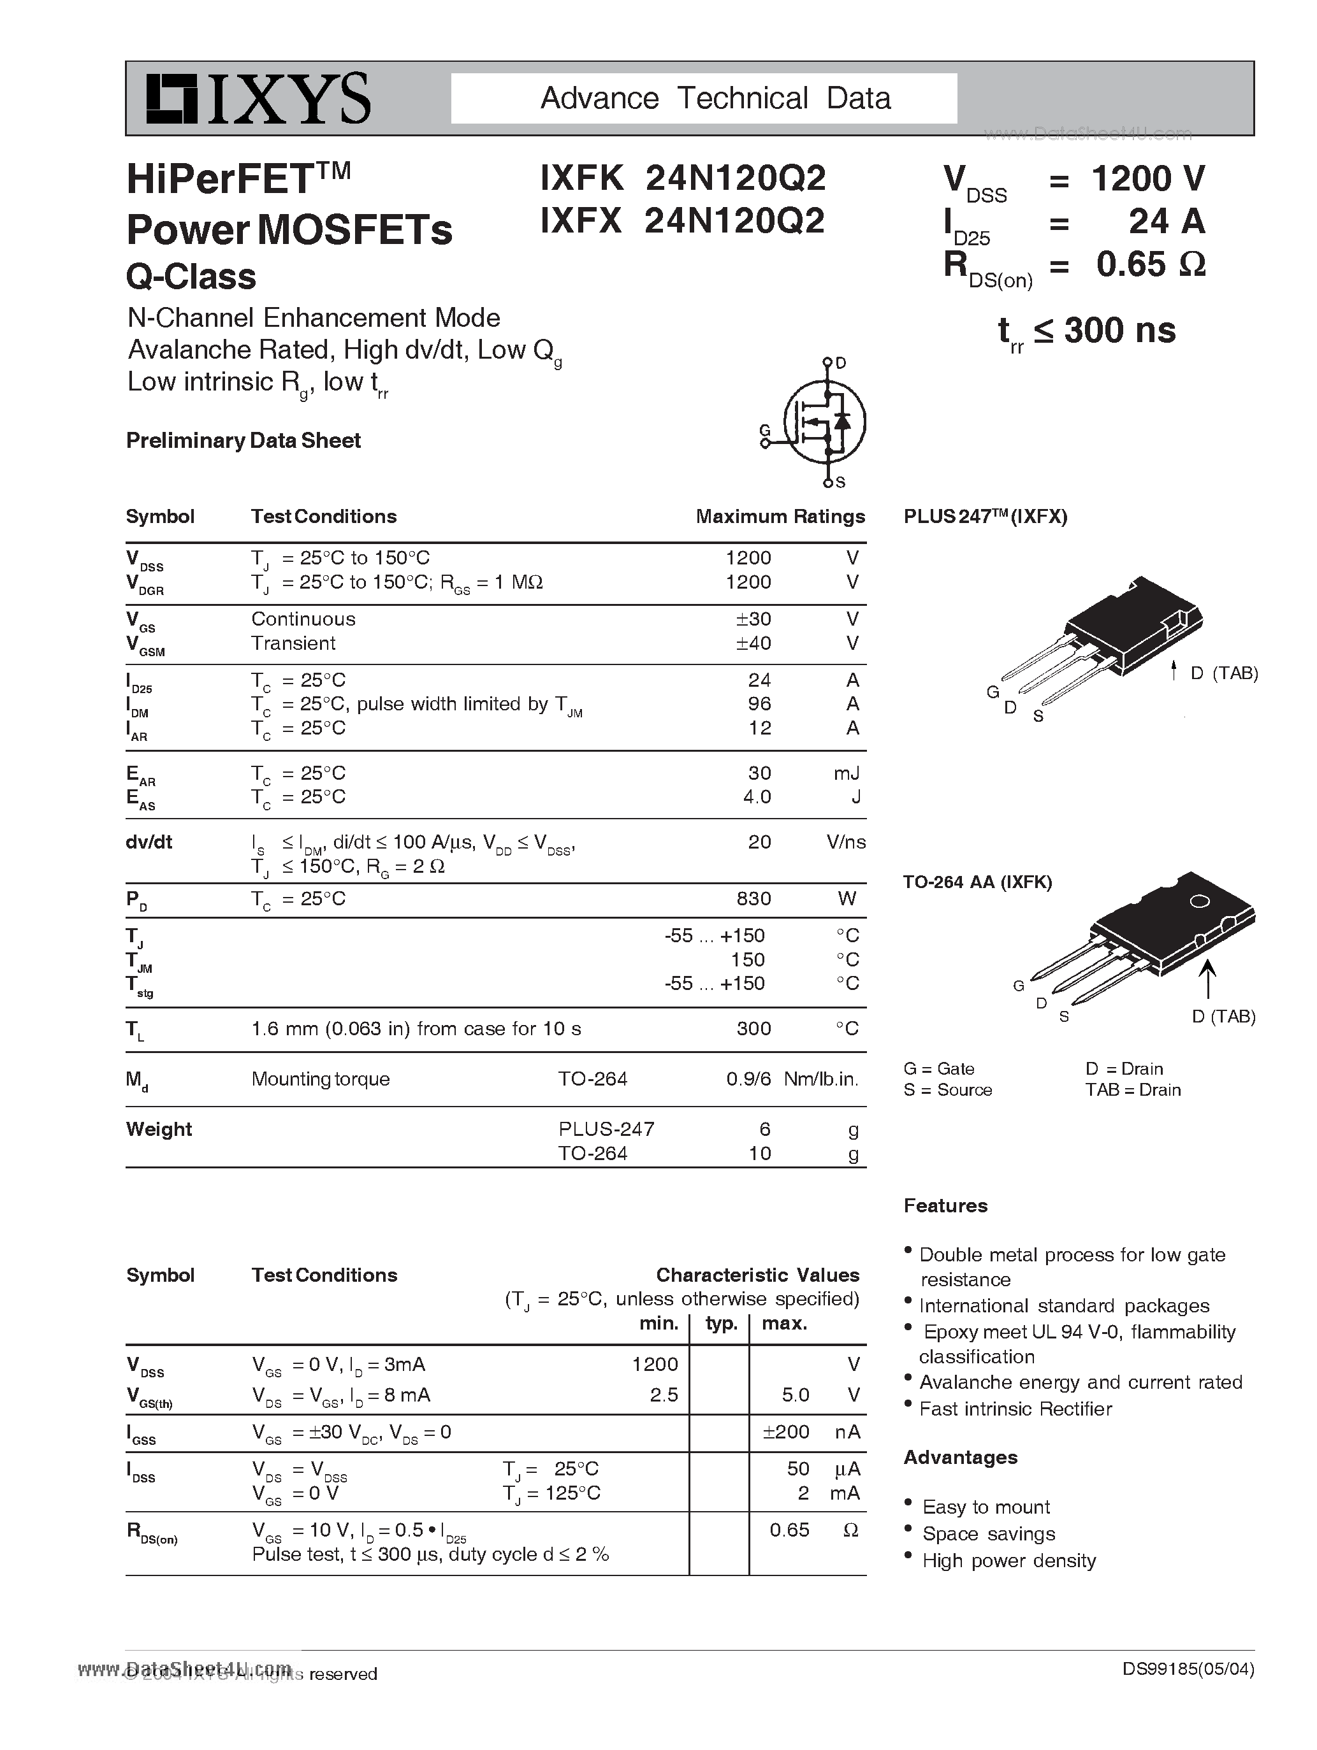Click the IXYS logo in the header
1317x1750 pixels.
pos(258,99)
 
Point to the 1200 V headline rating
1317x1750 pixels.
pos(1147,179)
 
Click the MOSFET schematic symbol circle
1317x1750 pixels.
pos(825,422)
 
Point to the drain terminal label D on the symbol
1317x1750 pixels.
pos(841,363)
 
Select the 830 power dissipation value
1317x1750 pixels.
pos(753,899)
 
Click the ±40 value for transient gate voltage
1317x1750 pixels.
pos(753,643)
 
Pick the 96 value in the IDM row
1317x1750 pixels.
pos(759,704)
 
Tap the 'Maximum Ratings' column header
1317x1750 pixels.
pos(780,517)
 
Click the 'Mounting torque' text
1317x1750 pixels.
pos(321,1079)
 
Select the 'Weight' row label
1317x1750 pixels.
pos(159,1129)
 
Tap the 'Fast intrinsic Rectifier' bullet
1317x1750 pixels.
pos(1015,1409)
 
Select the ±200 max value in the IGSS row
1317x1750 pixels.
pos(786,1432)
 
